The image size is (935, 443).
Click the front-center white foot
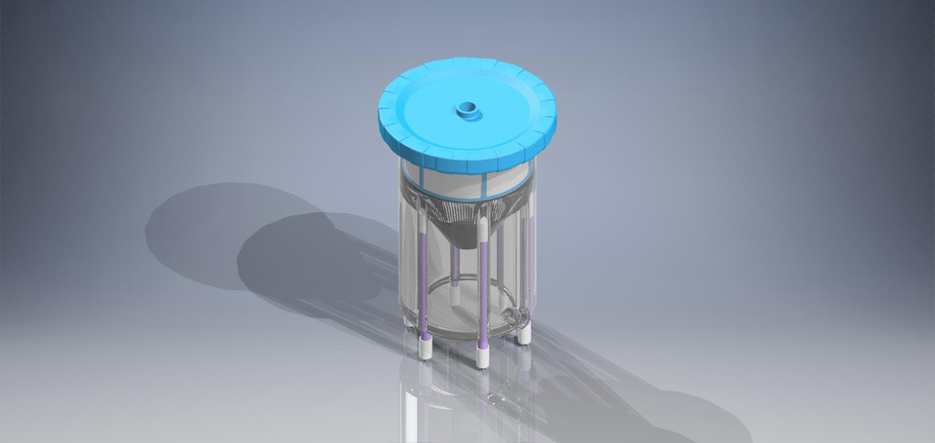481,355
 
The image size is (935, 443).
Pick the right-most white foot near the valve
524,332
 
